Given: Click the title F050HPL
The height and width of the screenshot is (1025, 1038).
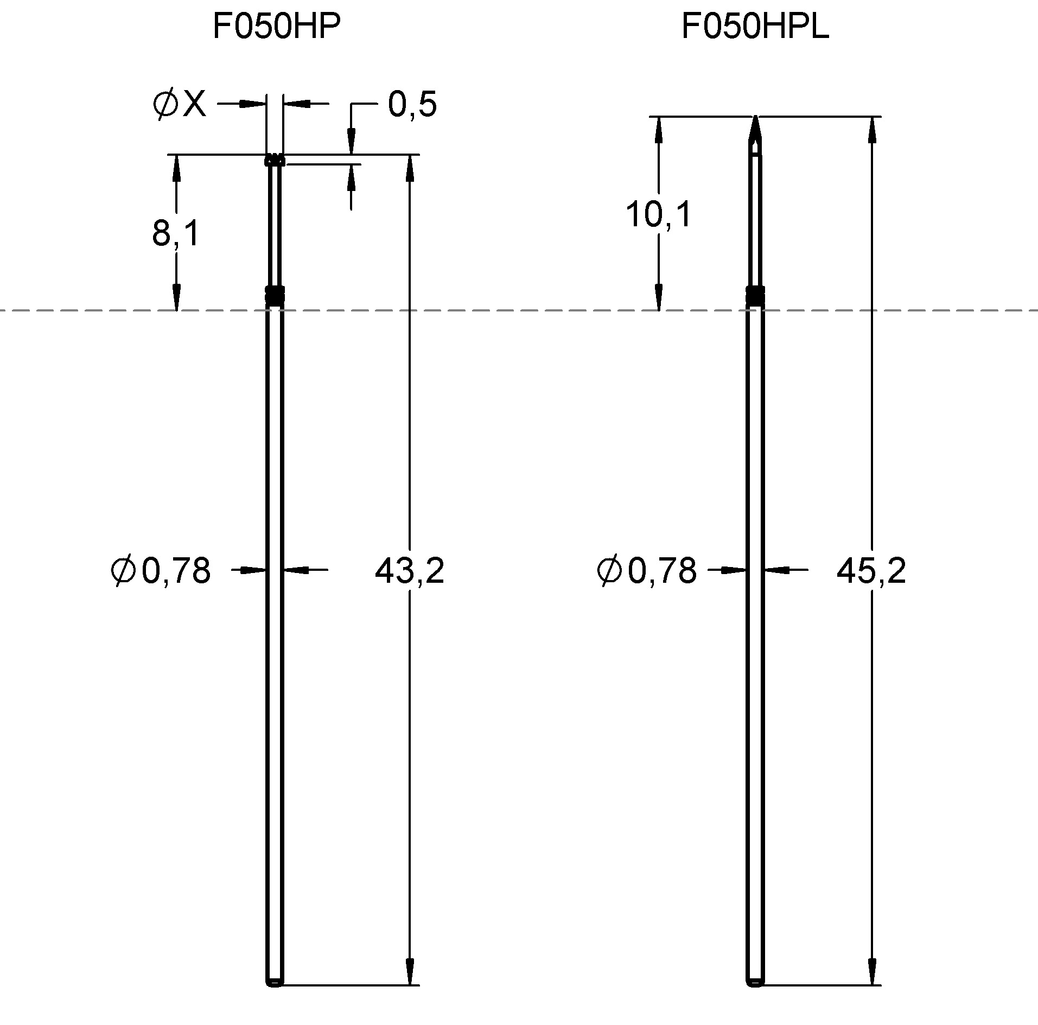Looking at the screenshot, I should click(x=755, y=27).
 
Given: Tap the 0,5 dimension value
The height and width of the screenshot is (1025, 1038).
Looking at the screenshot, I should click(x=412, y=104).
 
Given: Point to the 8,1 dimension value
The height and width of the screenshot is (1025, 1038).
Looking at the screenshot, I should click(x=176, y=234).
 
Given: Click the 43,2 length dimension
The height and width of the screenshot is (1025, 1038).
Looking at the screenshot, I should click(x=409, y=571).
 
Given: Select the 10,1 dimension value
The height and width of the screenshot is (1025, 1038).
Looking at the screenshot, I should click(x=658, y=214).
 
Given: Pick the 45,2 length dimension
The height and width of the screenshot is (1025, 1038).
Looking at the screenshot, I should click(x=871, y=571).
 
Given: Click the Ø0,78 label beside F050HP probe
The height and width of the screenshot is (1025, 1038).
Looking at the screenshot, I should click(x=161, y=571).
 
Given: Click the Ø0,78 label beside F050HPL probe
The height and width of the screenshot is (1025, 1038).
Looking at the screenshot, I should click(x=646, y=571).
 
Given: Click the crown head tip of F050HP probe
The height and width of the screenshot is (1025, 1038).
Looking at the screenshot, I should click(x=275, y=160).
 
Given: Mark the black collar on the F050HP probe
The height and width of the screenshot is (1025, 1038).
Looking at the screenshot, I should click(x=275, y=295).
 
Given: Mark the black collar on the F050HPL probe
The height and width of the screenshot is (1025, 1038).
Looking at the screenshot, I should click(x=755, y=295).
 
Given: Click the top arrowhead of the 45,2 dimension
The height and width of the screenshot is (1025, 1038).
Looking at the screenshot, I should click(x=872, y=130).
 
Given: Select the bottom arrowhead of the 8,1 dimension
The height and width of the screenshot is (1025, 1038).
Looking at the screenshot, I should click(x=176, y=297).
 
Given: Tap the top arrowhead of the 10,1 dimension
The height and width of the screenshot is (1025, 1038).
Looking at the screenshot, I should click(x=659, y=130).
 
